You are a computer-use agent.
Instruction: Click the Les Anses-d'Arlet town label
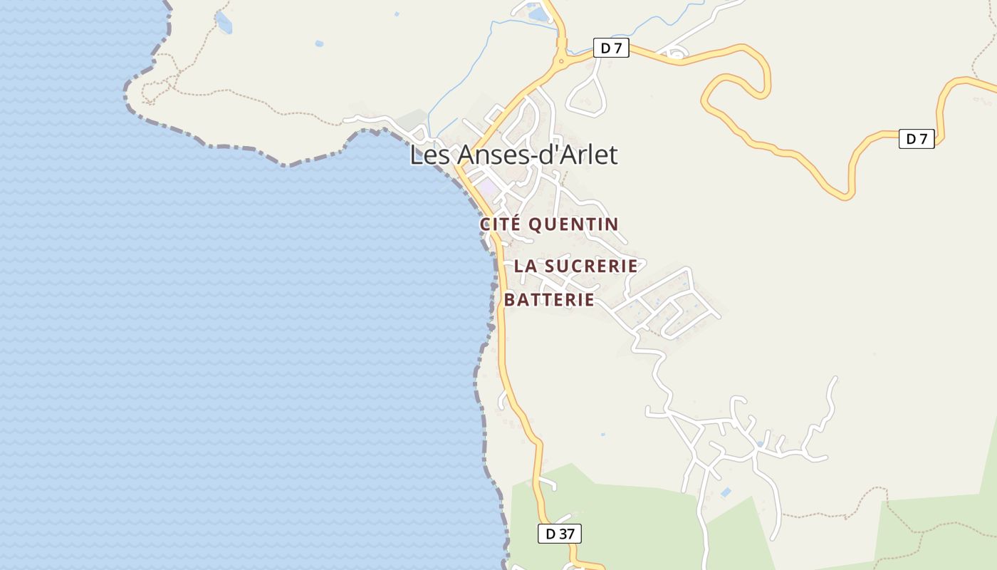[x=513, y=155]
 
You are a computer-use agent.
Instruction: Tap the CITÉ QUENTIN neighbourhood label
[x=549, y=224]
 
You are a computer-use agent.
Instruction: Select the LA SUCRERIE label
[x=575, y=266]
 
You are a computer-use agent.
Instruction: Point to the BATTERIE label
[x=549, y=300]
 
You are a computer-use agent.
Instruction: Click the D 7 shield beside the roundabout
[x=611, y=48]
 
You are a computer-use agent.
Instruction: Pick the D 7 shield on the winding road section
[x=917, y=139]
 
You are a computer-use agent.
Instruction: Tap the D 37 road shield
[x=559, y=533]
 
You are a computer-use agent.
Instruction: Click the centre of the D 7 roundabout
[x=562, y=61]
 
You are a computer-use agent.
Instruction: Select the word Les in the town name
[x=430, y=155]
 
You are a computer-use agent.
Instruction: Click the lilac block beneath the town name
[x=488, y=187]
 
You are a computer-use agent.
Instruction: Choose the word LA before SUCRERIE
[x=525, y=266]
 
